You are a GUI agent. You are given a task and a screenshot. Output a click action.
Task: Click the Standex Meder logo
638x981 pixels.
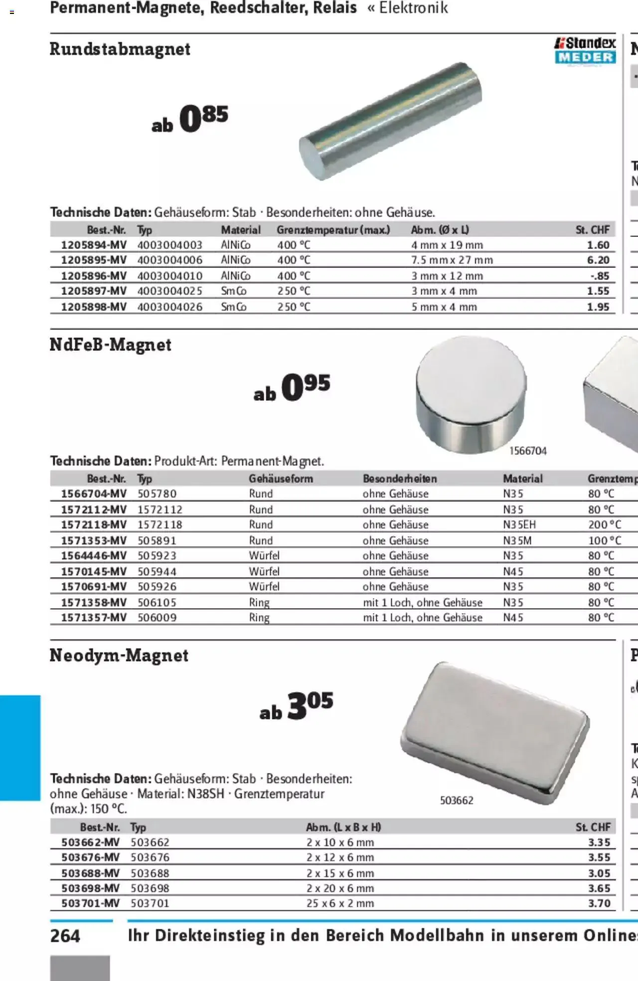point(585,50)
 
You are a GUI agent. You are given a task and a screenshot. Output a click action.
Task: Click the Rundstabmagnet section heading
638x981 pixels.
point(120,49)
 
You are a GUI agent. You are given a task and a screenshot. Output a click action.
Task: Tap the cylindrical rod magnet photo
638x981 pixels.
point(390,121)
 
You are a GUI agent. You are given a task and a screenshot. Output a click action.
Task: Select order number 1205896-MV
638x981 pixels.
point(94,275)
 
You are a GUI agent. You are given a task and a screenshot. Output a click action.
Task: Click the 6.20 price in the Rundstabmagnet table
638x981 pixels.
point(598,260)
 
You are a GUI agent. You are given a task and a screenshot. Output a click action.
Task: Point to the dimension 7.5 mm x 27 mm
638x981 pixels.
point(452,260)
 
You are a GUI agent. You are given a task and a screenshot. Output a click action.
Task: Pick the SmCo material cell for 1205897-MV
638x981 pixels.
point(234,291)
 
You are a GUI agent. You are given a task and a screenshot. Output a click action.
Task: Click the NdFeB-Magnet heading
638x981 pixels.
point(110,345)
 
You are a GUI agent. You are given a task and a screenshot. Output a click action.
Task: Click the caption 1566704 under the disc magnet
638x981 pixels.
point(528,451)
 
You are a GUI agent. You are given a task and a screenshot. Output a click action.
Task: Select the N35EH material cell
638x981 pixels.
point(519,525)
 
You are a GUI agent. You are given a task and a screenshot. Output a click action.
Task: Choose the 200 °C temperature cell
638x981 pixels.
point(604,525)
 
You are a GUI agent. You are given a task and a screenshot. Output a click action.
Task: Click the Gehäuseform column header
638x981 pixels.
point(281,479)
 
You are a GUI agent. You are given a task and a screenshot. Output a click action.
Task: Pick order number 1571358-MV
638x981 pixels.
point(94,602)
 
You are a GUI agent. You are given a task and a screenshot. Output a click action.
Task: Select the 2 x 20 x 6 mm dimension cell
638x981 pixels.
point(340,888)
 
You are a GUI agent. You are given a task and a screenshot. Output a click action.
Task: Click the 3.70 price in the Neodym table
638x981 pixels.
point(599,903)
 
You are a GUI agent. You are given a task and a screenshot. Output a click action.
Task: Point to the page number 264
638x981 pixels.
point(65,936)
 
